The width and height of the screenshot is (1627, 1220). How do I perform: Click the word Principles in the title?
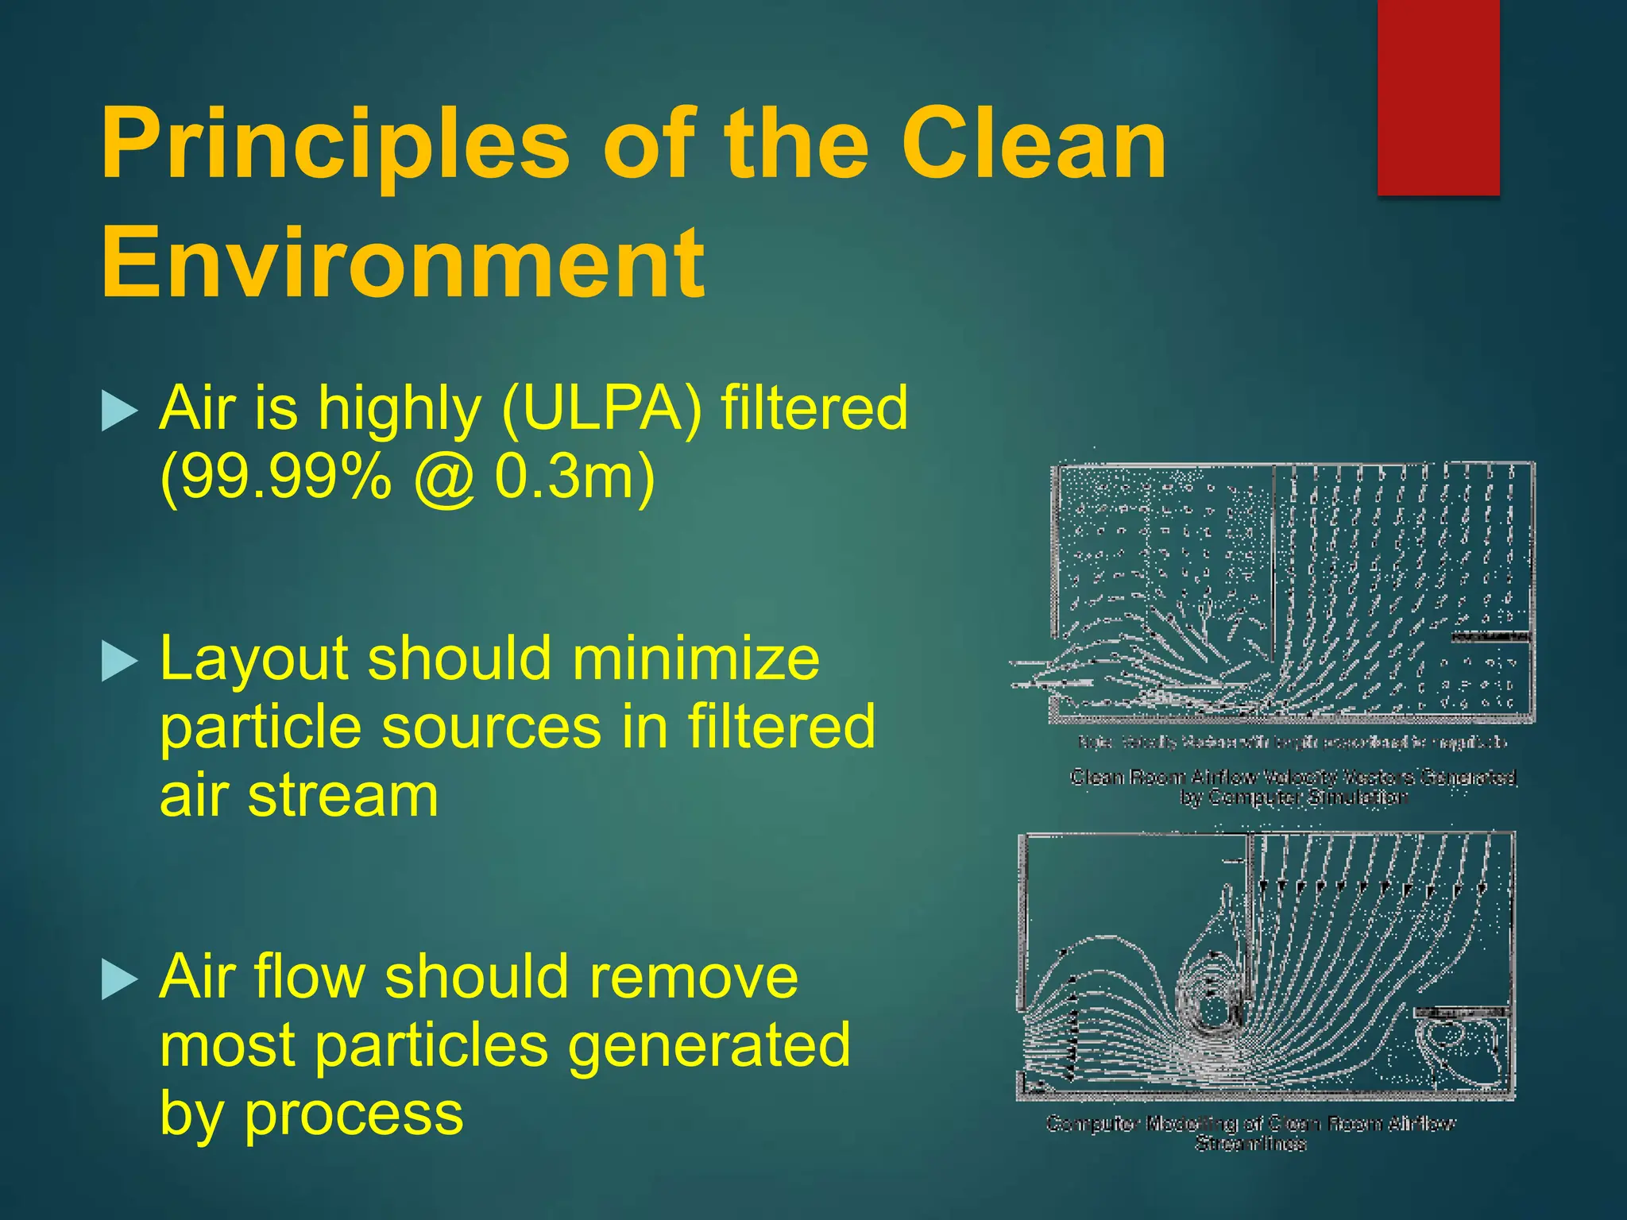334,147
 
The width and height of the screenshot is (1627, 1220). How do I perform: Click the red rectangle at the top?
1438,97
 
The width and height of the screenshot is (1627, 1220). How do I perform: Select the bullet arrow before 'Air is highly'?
120,411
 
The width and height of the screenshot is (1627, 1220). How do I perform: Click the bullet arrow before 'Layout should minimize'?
120,662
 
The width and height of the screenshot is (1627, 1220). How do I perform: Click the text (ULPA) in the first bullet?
602,407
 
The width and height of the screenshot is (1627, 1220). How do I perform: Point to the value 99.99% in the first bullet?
276,477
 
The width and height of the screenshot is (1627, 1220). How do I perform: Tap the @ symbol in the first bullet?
443,478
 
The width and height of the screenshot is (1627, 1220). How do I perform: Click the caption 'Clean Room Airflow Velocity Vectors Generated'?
1293,777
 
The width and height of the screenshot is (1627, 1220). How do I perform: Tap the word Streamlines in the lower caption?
1250,1144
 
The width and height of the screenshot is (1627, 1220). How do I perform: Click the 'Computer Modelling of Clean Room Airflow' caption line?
1250,1123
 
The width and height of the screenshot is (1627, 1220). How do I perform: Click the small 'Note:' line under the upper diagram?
1293,743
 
